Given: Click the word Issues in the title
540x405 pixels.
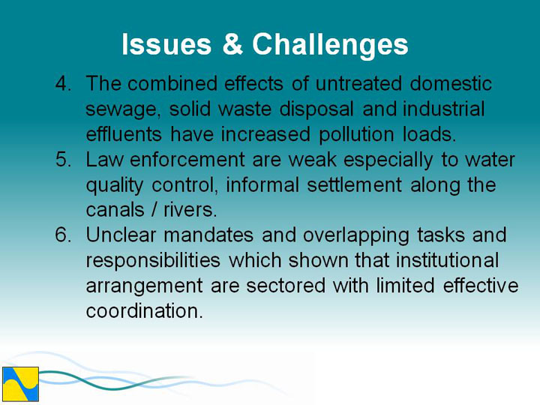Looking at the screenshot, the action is [166, 44].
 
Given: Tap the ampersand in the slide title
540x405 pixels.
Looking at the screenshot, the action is [232, 44].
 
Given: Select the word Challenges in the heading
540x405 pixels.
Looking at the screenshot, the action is [330, 46].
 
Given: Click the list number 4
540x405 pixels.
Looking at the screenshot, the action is [63, 83].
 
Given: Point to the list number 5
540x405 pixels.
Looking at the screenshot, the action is [63, 160].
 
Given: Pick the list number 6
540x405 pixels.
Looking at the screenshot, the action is [63, 235].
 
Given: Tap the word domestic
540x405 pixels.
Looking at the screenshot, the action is [451, 83].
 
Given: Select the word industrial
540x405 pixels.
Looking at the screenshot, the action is [444, 109].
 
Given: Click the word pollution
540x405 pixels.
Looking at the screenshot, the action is [356, 135].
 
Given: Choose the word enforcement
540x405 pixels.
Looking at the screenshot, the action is [187, 160].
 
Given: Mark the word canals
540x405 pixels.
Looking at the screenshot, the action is [115, 210].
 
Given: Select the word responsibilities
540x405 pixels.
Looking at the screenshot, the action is [153, 261].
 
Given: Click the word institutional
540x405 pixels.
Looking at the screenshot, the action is [447, 260].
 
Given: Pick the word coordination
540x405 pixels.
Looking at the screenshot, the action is [144, 310].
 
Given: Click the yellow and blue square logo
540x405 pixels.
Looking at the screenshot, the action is [21, 384].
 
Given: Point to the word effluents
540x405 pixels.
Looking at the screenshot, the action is [124, 134].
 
